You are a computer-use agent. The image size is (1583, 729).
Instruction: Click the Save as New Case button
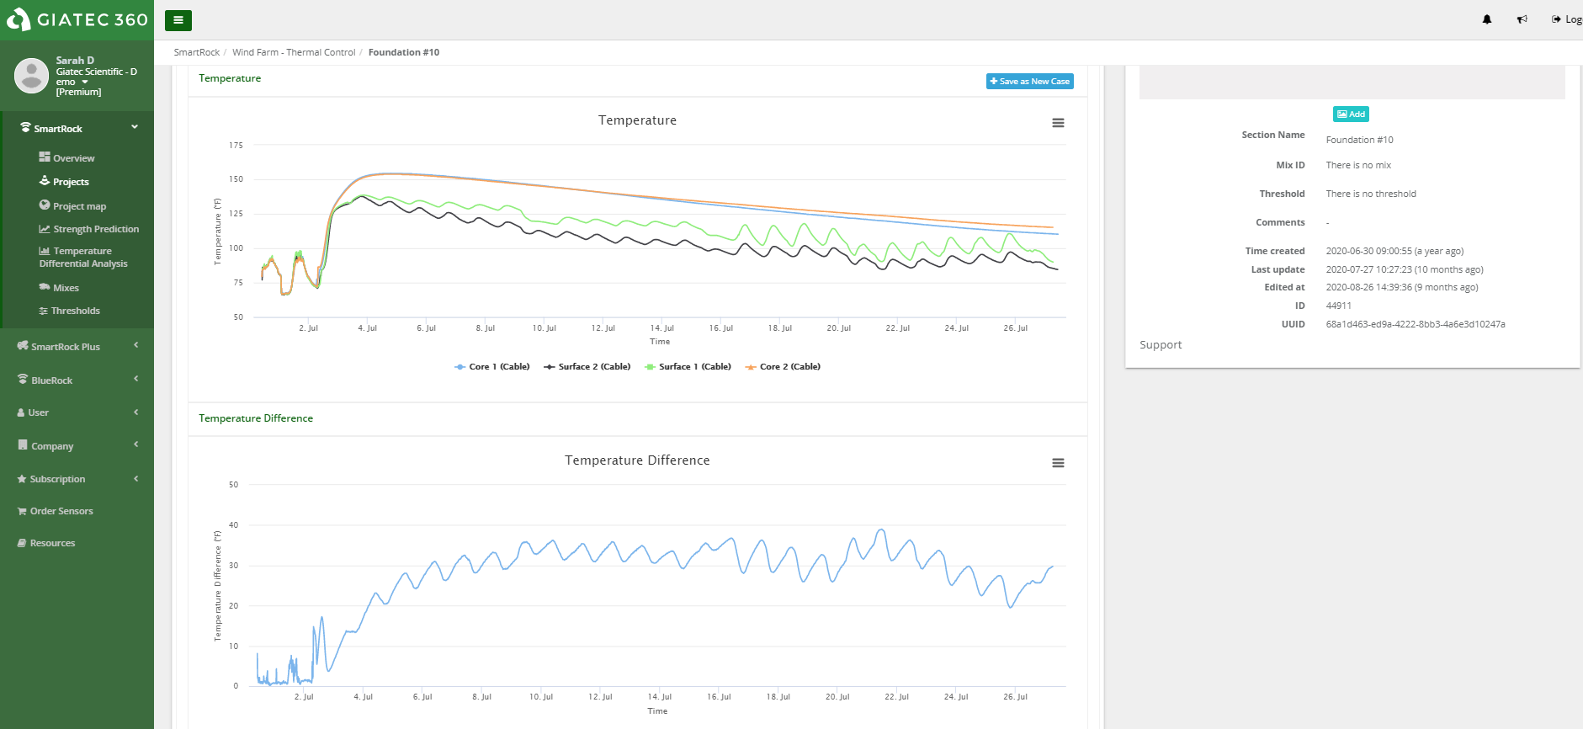point(1029,82)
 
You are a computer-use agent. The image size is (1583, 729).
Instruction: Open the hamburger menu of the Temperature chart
point(1058,123)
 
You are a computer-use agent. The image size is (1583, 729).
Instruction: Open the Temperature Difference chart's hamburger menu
point(1058,463)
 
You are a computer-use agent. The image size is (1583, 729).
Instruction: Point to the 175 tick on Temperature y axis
point(236,146)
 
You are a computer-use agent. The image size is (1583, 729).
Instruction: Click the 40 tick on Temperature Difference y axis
point(233,525)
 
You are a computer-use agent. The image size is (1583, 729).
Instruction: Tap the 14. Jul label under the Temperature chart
point(661,328)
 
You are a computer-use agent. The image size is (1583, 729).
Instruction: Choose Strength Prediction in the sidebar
point(95,229)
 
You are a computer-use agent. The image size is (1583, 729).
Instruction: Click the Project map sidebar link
point(79,206)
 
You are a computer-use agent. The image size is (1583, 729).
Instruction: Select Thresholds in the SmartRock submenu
point(75,311)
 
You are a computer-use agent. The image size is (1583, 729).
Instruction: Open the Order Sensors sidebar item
point(61,511)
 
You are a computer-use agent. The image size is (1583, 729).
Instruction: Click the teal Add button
point(1351,114)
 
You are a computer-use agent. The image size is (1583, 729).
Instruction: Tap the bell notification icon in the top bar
point(1487,19)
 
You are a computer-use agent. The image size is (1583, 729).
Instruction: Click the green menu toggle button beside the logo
point(178,20)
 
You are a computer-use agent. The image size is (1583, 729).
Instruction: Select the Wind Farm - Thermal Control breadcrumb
point(294,52)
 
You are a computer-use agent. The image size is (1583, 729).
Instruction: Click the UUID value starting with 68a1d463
point(1415,324)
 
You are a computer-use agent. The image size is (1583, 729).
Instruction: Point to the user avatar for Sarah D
point(31,76)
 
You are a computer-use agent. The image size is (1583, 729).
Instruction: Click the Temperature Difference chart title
point(637,460)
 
